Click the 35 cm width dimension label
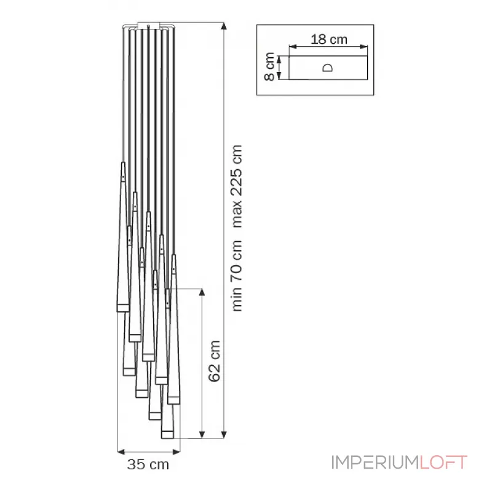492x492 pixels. tap(148, 465)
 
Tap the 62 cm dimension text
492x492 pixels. tap(214, 361)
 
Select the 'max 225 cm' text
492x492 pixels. tap(237, 186)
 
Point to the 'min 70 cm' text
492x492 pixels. tap(237, 276)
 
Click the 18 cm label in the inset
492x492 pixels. tap(329, 39)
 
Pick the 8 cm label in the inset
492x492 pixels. tap(269, 67)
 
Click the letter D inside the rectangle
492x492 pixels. tap(328, 68)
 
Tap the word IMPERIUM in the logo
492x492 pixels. tap(375, 462)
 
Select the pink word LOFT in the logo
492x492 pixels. tap(443, 462)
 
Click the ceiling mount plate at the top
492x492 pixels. tap(149, 26)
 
